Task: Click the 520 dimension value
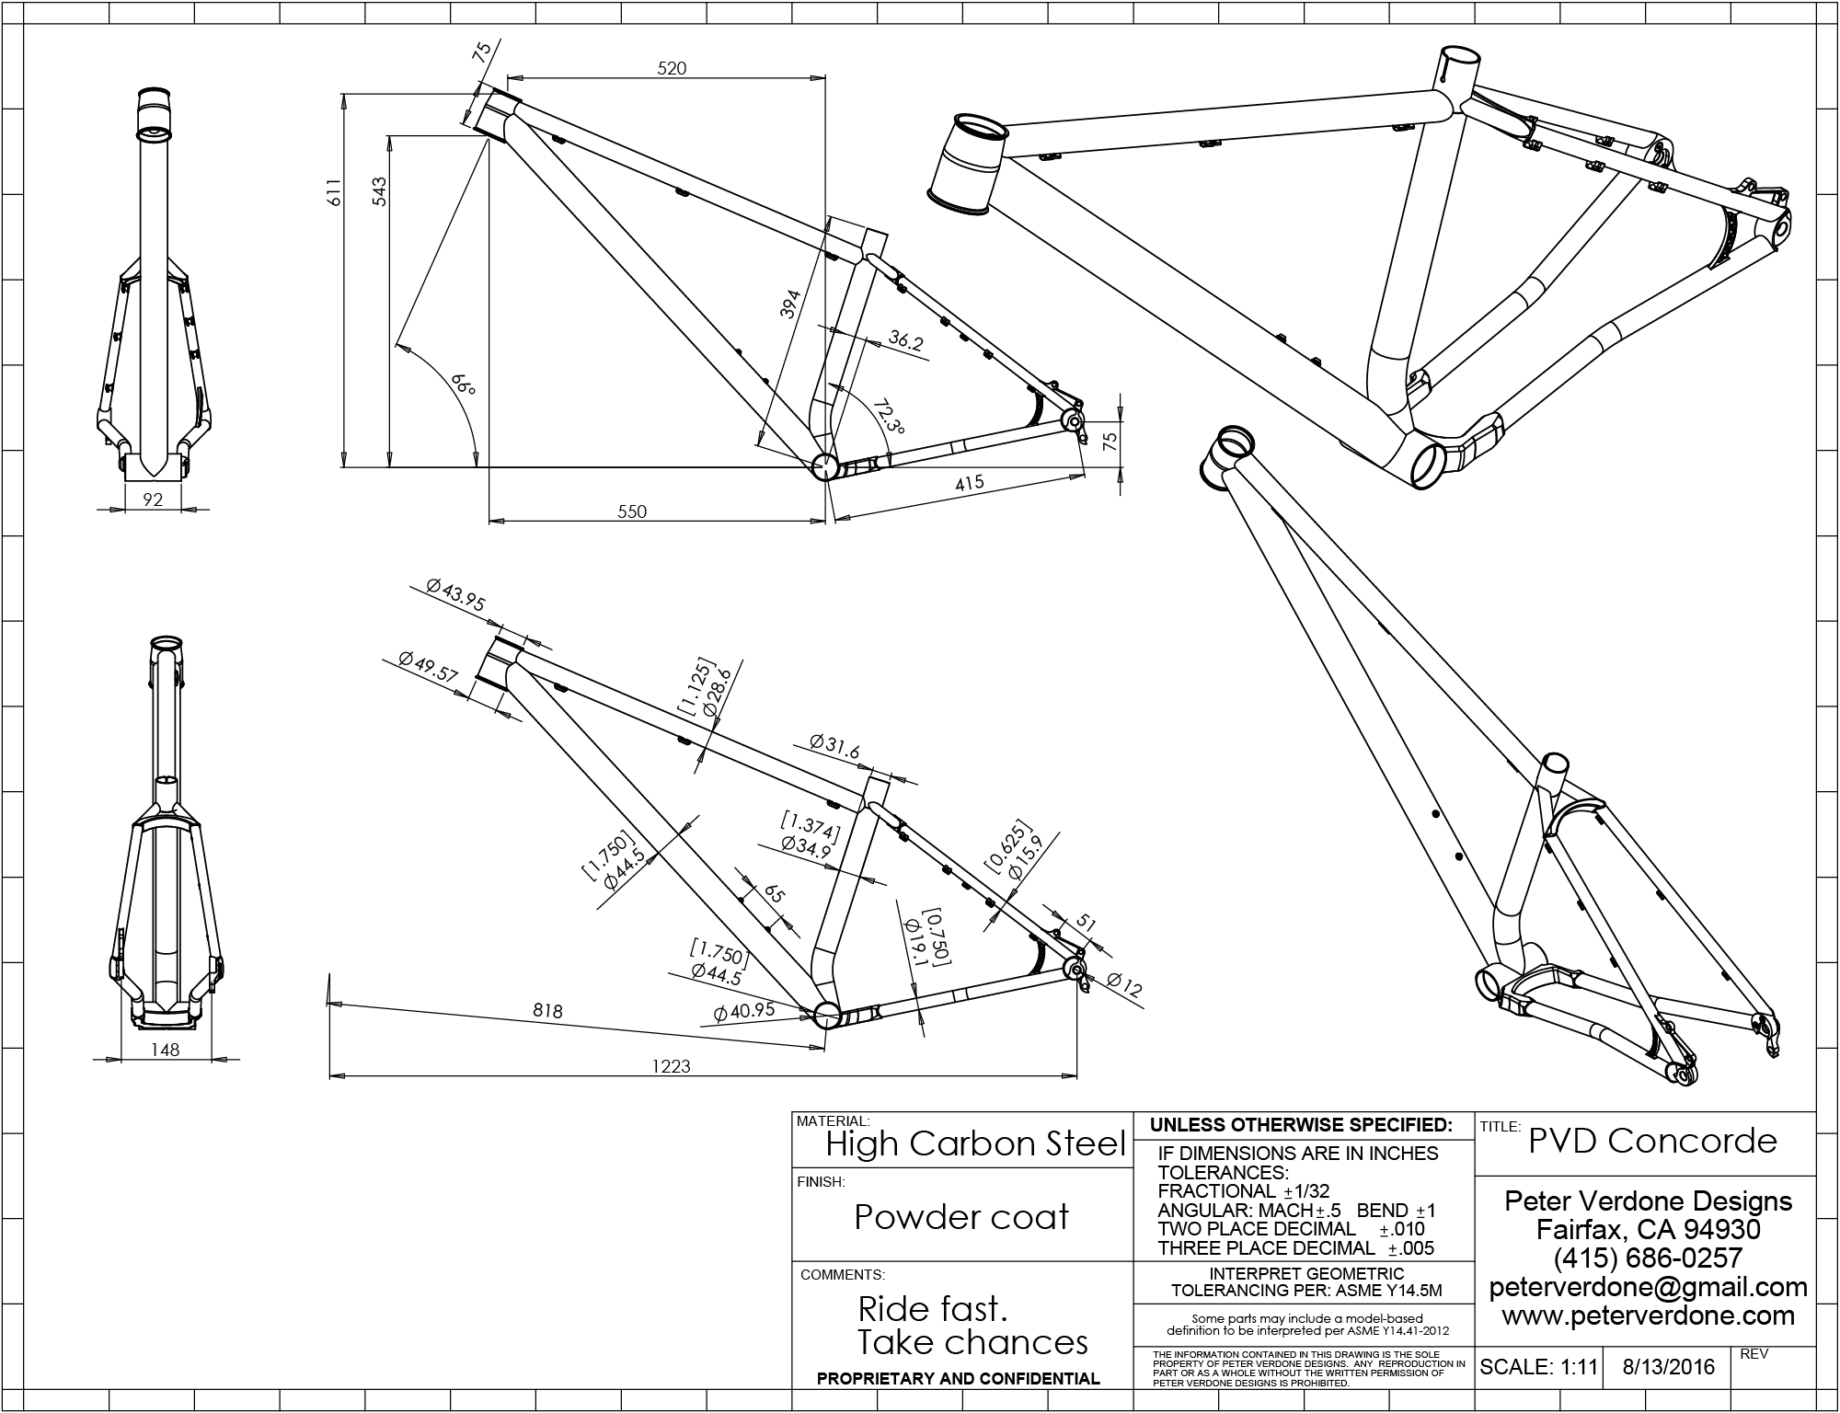pyautogui.click(x=673, y=68)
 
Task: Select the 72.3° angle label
pyautogui.click(x=890, y=415)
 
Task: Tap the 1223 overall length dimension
pyautogui.click(x=671, y=1066)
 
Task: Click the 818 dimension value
pyautogui.click(x=547, y=1011)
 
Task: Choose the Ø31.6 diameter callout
pyautogui.click(x=834, y=746)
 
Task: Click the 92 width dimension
pyautogui.click(x=154, y=500)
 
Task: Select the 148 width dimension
pyautogui.click(x=166, y=1049)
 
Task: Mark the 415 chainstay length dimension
pyautogui.click(x=969, y=482)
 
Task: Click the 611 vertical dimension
pyautogui.click(x=335, y=191)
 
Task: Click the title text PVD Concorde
pyautogui.click(x=1652, y=1141)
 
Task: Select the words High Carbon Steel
pyautogui.click(x=975, y=1143)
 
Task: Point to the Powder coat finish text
pyautogui.click(x=961, y=1217)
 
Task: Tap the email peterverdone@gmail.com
pyautogui.click(x=1648, y=1287)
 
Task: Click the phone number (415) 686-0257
pyautogui.click(x=1648, y=1258)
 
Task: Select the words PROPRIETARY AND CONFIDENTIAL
pyautogui.click(x=959, y=1378)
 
